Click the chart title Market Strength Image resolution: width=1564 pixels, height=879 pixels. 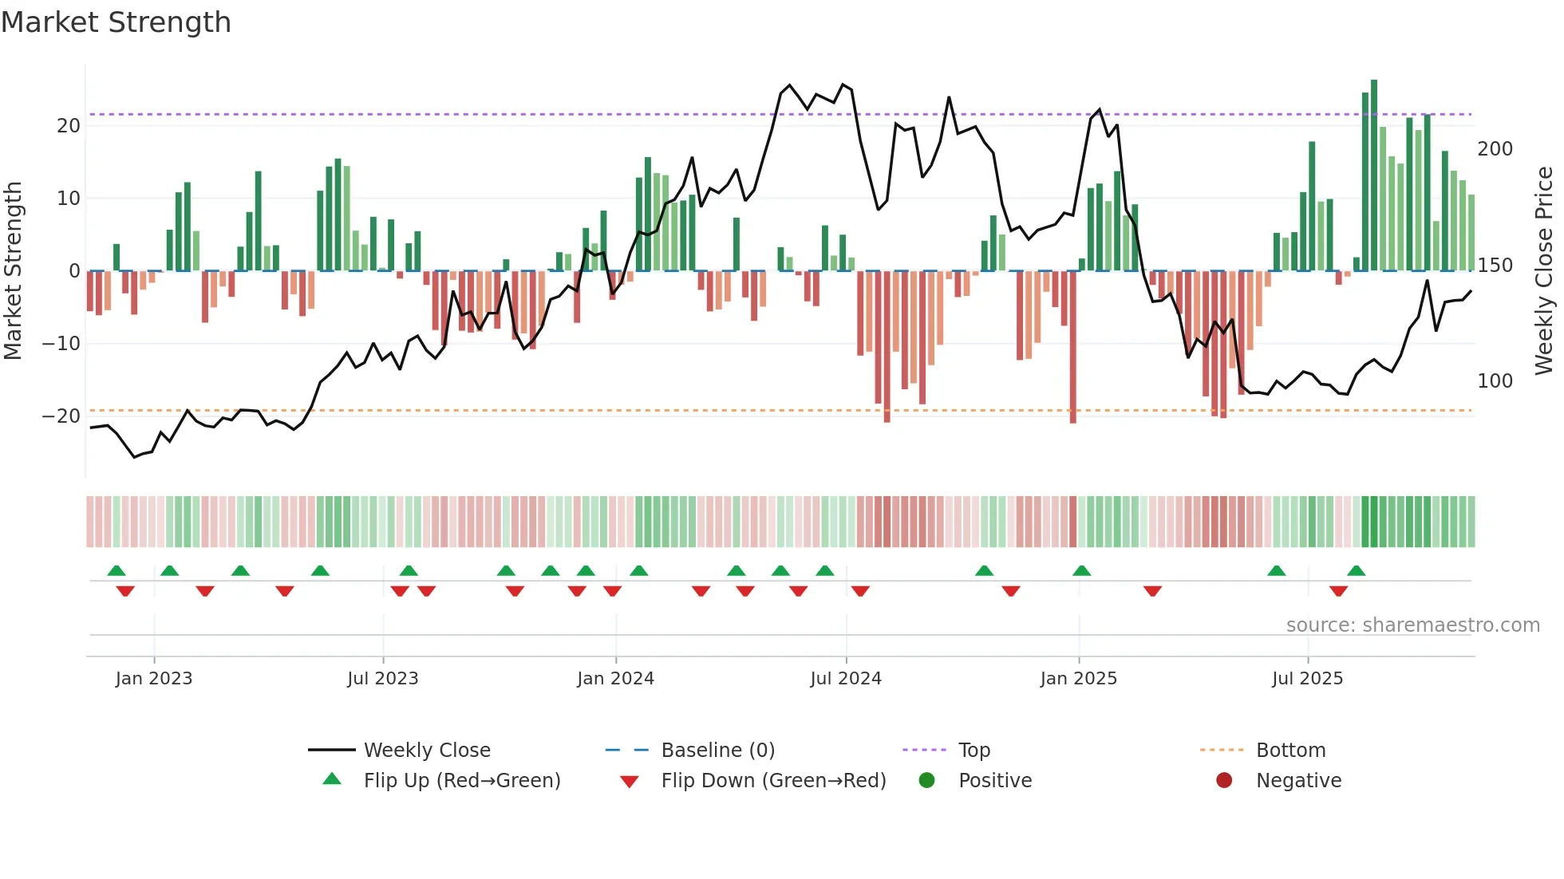[x=116, y=22]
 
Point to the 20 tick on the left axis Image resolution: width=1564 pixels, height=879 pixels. [x=69, y=126]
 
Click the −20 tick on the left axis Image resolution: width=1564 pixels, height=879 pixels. [x=61, y=416]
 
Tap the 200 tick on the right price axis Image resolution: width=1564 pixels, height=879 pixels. [x=1495, y=149]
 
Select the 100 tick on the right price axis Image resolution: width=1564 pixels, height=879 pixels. [x=1495, y=381]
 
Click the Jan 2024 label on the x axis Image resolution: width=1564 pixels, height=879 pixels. [x=615, y=679]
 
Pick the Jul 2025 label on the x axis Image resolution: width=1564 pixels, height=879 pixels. [x=1307, y=679]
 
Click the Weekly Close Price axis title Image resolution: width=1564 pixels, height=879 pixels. [x=1544, y=270]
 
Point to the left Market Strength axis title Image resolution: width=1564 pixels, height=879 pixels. [x=14, y=270]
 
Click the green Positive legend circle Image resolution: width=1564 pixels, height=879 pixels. [x=926, y=781]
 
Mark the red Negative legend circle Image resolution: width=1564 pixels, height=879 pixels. [x=1224, y=781]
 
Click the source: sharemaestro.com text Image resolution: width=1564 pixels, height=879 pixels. [x=1412, y=625]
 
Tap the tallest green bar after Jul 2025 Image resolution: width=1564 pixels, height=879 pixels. [x=1374, y=175]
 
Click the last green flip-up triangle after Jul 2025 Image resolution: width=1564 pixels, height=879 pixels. [x=1357, y=570]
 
